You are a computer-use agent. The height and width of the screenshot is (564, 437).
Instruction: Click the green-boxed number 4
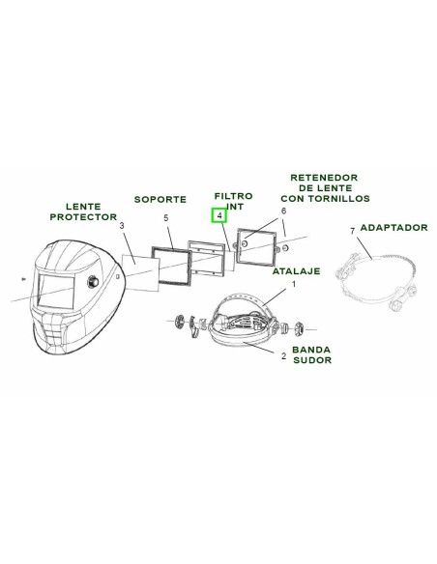(219, 215)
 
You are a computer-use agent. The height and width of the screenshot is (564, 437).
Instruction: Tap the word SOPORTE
(160, 199)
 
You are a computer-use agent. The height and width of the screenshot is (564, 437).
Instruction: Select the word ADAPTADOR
(393, 228)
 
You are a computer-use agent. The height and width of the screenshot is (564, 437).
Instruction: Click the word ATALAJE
(296, 270)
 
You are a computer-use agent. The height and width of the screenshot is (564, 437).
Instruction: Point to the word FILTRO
(234, 196)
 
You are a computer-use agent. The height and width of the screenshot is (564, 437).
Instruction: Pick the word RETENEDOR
(324, 178)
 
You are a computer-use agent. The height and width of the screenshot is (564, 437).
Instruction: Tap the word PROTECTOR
(83, 217)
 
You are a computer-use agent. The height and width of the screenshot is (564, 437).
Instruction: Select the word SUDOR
(312, 360)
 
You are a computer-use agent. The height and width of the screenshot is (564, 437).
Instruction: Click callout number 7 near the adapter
(353, 231)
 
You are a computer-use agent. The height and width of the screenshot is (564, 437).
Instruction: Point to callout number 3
(122, 226)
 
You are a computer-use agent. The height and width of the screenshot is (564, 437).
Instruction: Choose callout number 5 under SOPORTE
(166, 218)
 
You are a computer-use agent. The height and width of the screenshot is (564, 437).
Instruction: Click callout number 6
(283, 211)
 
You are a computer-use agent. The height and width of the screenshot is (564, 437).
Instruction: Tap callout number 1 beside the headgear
(293, 284)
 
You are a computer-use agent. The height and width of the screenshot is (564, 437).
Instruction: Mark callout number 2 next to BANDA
(283, 356)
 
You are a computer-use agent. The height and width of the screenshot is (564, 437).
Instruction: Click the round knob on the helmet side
(93, 281)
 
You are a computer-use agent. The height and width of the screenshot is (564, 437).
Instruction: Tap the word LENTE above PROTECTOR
(83, 207)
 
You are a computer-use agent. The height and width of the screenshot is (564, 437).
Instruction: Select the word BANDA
(311, 350)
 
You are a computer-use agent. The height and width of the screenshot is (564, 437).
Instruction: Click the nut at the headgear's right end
(298, 328)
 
